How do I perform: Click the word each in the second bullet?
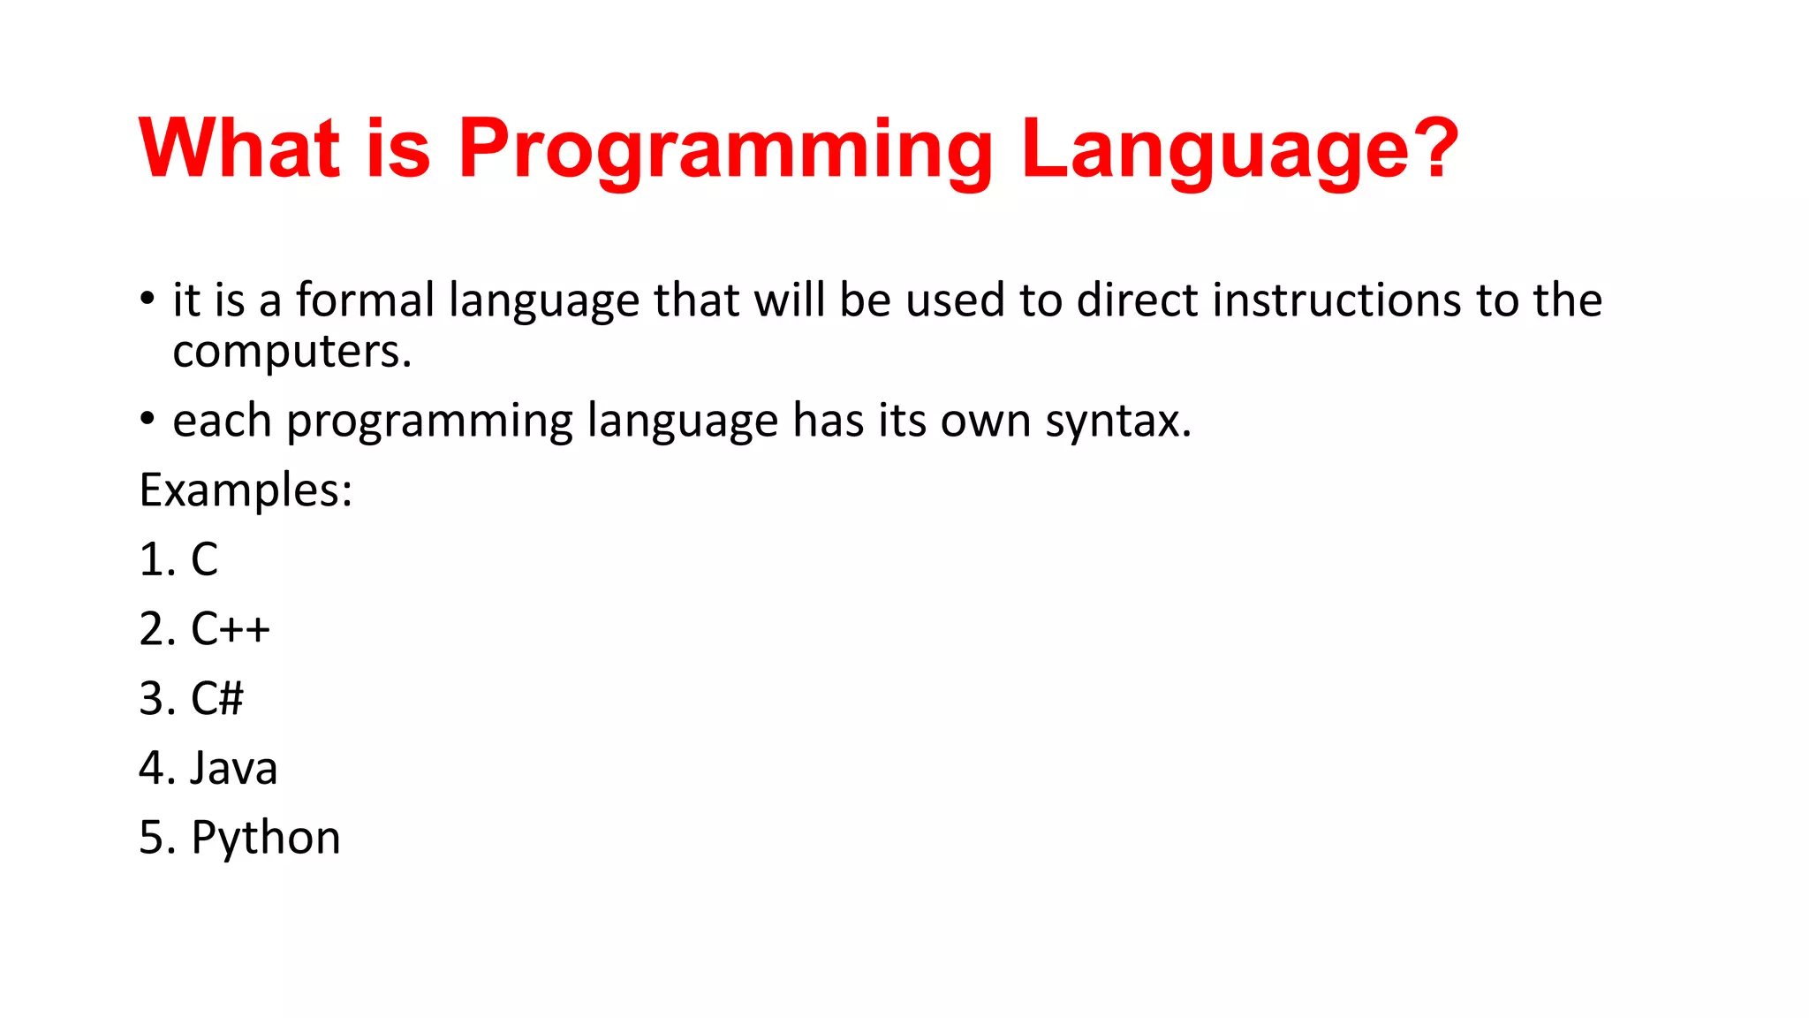pos(222,421)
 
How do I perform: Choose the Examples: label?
pos(246,490)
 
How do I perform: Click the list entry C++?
pos(231,629)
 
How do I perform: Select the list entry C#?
pos(217,699)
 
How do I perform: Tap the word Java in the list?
pos(234,768)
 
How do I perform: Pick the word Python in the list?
pos(266,839)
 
